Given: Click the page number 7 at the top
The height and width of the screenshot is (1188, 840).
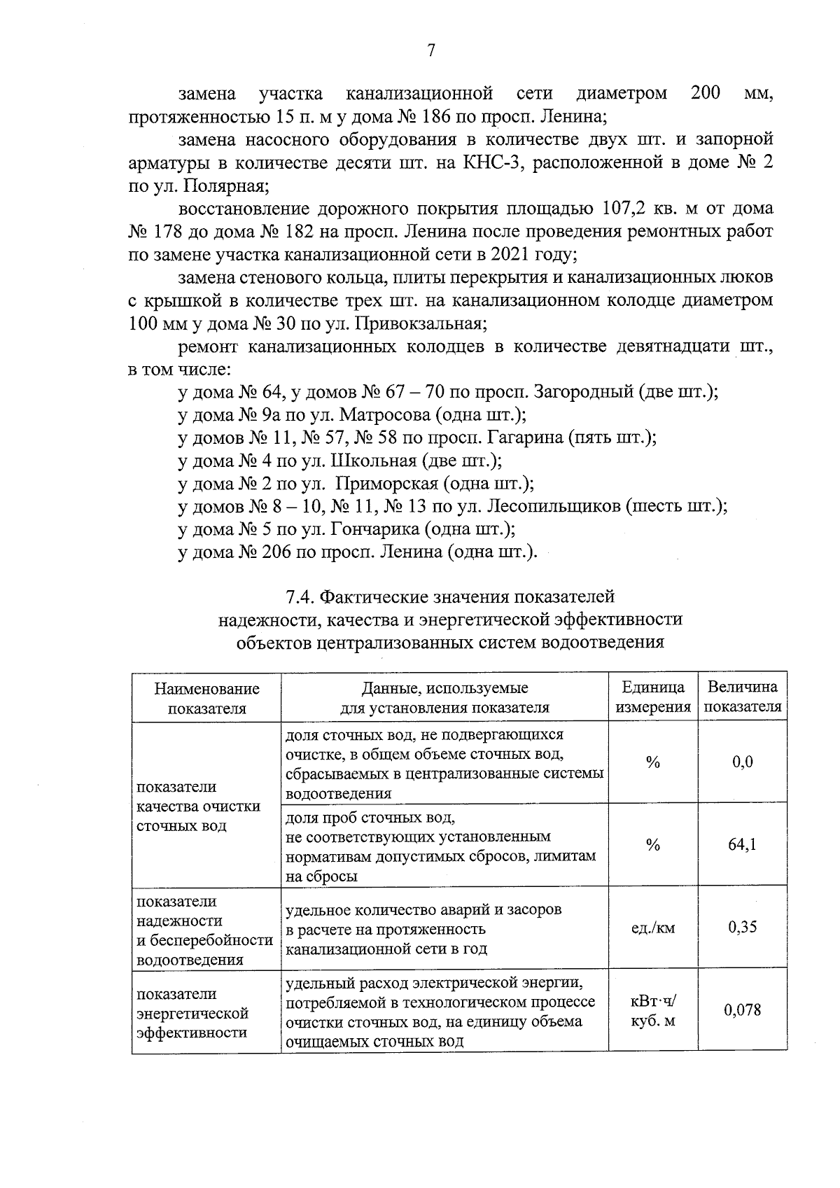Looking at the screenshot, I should pos(431,50).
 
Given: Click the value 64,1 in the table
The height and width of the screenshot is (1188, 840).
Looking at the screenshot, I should pos(742,844).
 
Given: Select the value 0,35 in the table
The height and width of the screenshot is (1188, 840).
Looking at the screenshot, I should pos(742,928).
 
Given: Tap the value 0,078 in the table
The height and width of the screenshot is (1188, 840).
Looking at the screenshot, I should pos(742,1010).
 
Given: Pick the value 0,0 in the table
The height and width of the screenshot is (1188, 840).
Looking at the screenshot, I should pos(742,762).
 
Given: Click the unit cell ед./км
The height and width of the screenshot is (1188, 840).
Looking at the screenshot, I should pos(652,928).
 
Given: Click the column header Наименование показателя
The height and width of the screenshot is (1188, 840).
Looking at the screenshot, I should pos(206,698).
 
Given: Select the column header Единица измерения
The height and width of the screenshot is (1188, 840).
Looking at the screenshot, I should pos(652,697).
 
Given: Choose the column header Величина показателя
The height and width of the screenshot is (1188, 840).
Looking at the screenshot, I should pos(742,697).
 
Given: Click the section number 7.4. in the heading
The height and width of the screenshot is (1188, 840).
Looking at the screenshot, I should pos(302,597).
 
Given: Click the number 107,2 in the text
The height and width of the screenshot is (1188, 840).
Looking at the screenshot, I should pos(625,209).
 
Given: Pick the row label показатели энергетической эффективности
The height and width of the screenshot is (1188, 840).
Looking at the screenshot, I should pos(192,1013).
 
